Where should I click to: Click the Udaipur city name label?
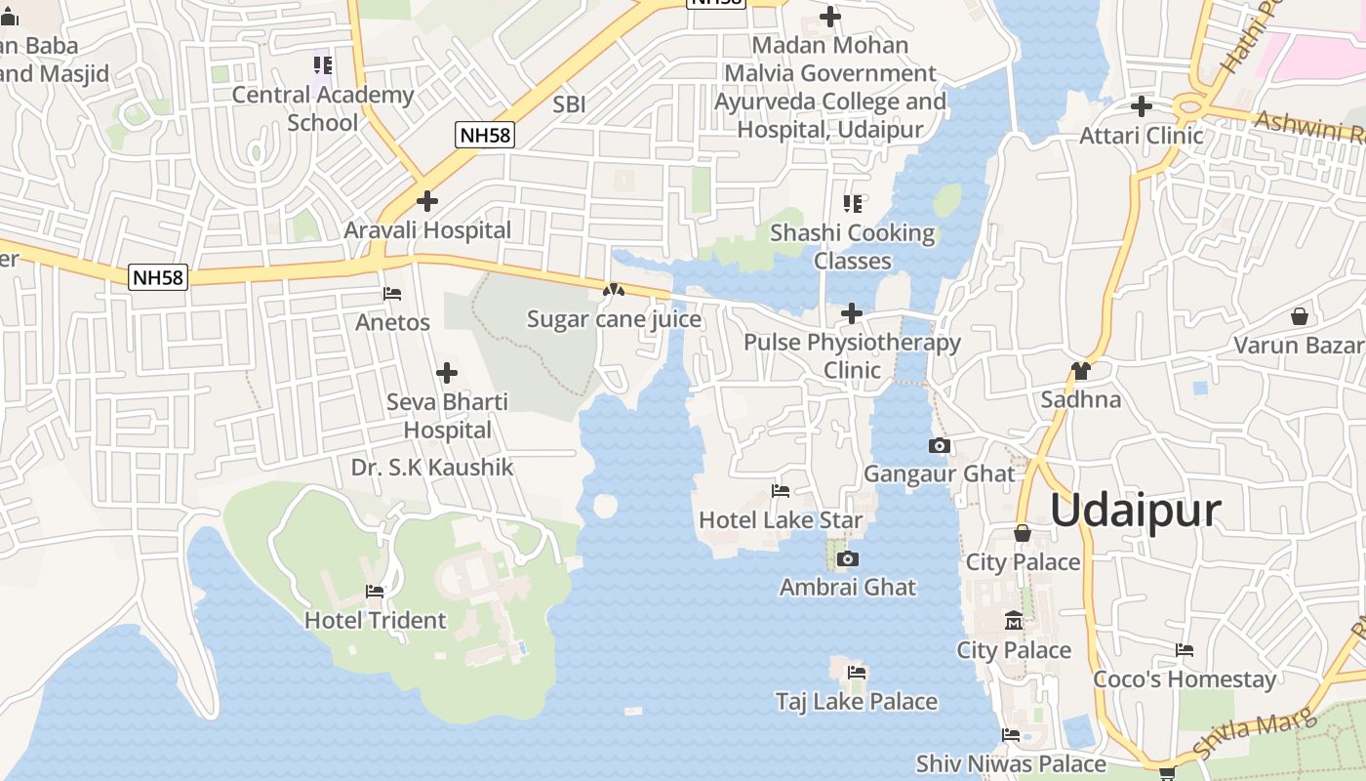point(1136,511)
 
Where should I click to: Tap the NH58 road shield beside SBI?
point(484,135)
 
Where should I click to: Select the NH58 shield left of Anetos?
point(157,277)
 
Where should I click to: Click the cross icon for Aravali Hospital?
point(426,201)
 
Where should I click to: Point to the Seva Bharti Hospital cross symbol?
point(446,373)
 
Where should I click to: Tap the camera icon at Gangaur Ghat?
point(939,445)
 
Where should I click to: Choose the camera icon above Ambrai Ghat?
point(847,558)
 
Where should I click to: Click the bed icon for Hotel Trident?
point(374,591)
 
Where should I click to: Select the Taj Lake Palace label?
point(856,701)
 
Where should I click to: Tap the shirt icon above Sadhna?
point(1080,370)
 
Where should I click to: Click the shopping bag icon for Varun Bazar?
point(1299,316)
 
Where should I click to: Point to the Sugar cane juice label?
point(614,319)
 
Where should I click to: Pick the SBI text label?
point(569,104)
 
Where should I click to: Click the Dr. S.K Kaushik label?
point(432,468)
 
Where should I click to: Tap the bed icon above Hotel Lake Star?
point(780,490)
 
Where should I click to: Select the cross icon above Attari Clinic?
point(1141,105)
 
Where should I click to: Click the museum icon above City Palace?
point(1014,621)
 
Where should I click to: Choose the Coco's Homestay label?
point(1184,679)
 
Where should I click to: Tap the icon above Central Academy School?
point(323,65)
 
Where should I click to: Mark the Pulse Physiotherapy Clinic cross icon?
point(852,313)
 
